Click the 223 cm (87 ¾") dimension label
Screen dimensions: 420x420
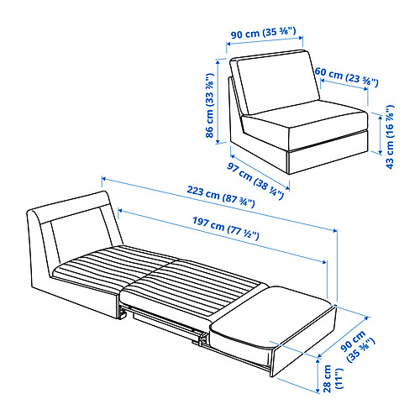pyautogui.click(x=221, y=197)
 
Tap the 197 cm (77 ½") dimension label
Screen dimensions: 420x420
pyautogui.click(x=226, y=228)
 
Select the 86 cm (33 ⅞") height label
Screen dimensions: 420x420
pyautogui.click(x=210, y=105)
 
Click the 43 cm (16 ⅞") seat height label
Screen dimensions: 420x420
pyautogui.click(x=390, y=137)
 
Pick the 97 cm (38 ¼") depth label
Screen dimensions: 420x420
pyautogui.click(x=255, y=181)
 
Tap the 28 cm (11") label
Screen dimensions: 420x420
pyautogui.click(x=333, y=379)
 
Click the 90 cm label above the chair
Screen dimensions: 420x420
pyautogui.click(x=264, y=33)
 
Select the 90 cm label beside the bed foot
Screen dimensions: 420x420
pyautogui.click(x=358, y=347)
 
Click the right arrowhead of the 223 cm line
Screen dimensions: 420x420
pyautogui.click(x=335, y=230)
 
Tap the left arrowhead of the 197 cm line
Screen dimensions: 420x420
pyautogui.click(x=121, y=210)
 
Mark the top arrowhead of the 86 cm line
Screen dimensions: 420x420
pyautogui.click(x=218, y=62)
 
